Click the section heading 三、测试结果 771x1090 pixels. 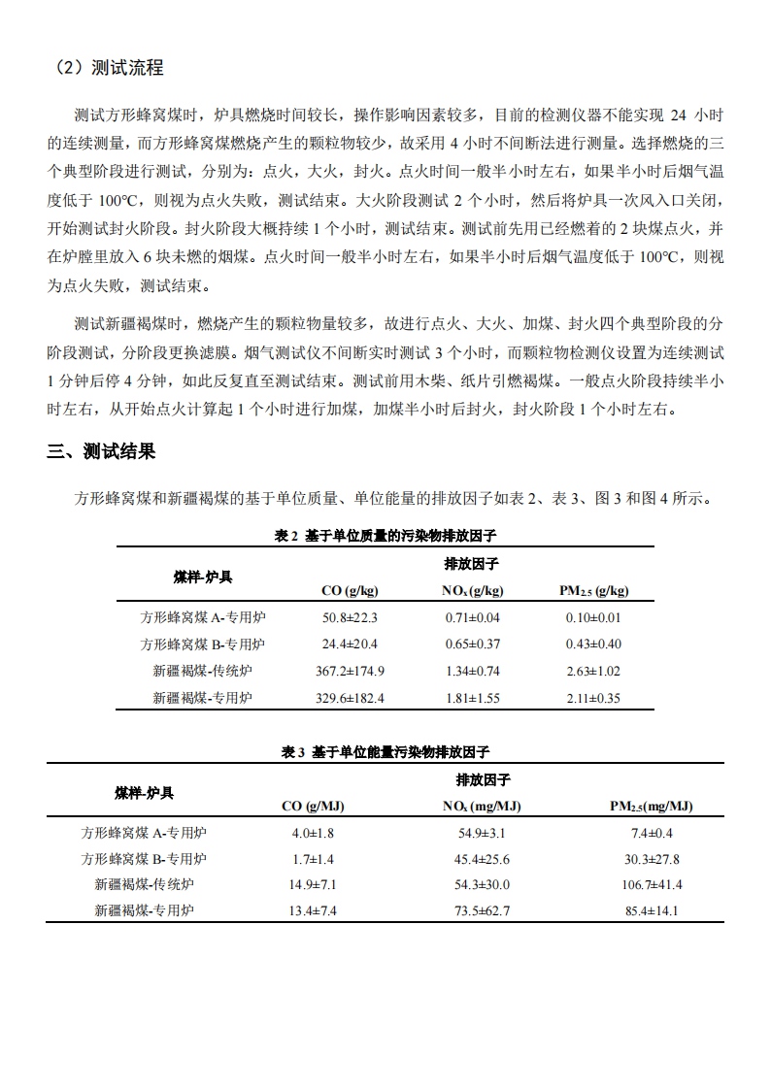pyautogui.click(x=100, y=451)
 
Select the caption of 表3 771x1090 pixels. pyautogui.click(x=385, y=751)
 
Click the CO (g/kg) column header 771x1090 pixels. pyautogui.click(x=350, y=590)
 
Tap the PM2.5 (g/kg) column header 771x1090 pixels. pyautogui.click(x=593, y=590)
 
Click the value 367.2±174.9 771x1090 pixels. pyautogui.click(x=350, y=671)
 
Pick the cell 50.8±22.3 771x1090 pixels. pyautogui.click(x=350, y=617)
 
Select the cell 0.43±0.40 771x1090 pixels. pyautogui.click(x=593, y=644)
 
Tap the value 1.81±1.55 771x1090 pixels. pyautogui.click(x=472, y=698)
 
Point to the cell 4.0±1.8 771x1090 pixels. pyautogui.click(x=313, y=833)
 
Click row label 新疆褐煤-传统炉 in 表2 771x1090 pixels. pyautogui.click(x=202, y=671)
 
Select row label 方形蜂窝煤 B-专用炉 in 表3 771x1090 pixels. pyautogui.click(x=144, y=859)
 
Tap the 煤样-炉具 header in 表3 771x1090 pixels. pyautogui.click(x=144, y=793)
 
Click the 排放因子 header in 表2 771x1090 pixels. pyautogui.click(x=472, y=564)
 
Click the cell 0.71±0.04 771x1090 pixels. pyautogui.click(x=472, y=617)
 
